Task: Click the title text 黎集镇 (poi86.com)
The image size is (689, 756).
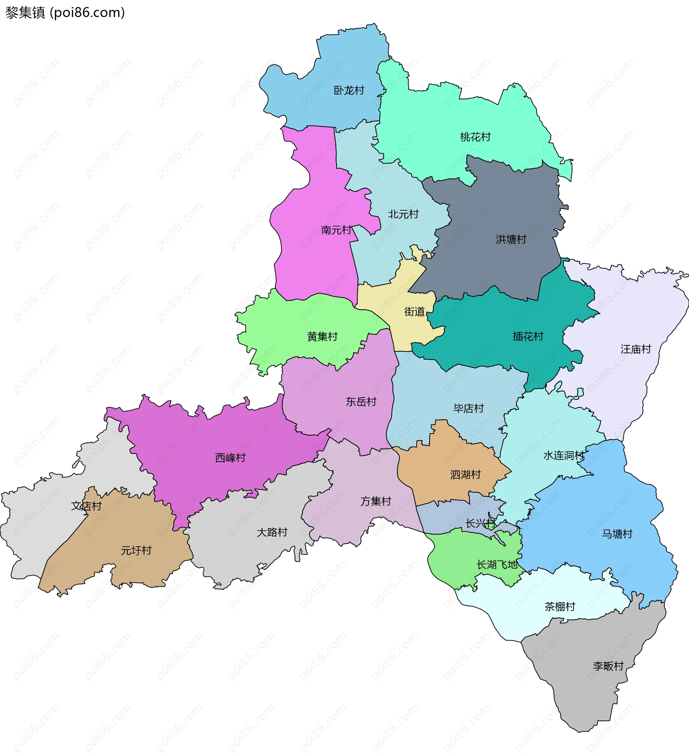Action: (x=65, y=13)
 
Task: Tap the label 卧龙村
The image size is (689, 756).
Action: (x=349, y=90)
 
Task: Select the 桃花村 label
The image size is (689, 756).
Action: (x=475, y=137)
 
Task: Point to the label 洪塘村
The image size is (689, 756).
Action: (x=511, y=239)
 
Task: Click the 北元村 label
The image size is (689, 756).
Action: (x=403, y=214)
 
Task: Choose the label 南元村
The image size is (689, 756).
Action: (x=336, y=230)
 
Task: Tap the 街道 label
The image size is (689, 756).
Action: (x=414, y=312)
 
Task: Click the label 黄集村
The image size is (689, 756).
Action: (x=322, y=336)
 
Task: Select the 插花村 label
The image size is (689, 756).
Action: (x=528, y=336)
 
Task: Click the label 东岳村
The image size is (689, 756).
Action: (x=361, y=402)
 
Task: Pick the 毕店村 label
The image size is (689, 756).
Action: (x=468, y=408)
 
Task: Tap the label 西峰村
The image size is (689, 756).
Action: (x=230, y=458)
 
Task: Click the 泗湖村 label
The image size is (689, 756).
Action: (x=465, y=475)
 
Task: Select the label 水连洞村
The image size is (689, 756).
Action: (x=564, y=455)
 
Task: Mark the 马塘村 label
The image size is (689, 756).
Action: (x=617, y=534)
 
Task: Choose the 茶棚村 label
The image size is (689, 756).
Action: (x=559, y=606)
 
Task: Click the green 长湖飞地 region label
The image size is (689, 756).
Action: (x=497, y=564)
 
